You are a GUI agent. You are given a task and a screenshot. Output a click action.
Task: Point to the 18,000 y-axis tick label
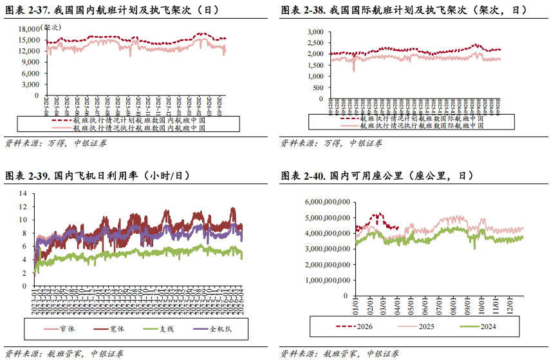click(29, 29)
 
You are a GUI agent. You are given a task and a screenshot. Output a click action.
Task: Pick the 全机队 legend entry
click(220, 329)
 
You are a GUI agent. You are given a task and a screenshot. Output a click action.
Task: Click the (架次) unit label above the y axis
click(51, 28)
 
